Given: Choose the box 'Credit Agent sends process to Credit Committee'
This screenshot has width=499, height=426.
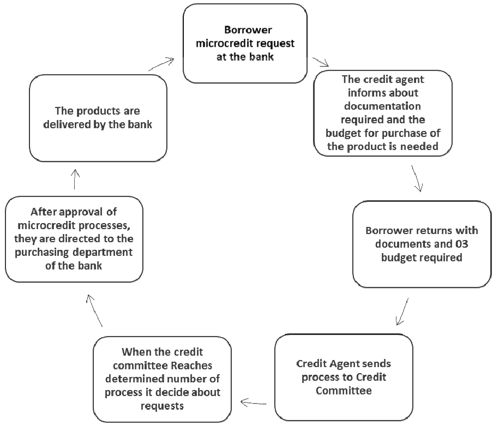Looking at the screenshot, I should (x=343, y=377).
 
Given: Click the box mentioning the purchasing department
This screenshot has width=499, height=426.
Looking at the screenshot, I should (x=74, y=239).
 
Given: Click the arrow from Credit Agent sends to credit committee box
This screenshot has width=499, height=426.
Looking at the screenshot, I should (x=254, y=403).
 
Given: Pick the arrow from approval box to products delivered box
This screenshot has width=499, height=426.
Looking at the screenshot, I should (x=75, y=178).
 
